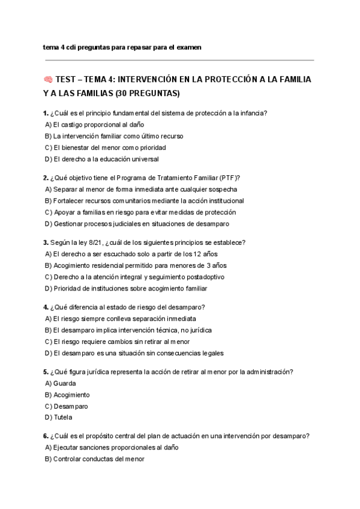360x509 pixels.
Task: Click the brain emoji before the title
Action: tap(48, 79)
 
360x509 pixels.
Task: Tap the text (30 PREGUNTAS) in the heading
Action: tap(145, 94)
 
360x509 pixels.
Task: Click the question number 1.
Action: tap(46, 113)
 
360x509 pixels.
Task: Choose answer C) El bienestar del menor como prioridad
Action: tap(105, 147)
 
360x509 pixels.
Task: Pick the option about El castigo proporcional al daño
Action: tap(95, 124)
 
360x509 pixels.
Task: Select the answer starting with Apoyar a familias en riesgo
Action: tap(140, 212)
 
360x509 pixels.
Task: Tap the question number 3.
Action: tap(46, 242)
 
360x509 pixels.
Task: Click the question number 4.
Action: tap(46, 307)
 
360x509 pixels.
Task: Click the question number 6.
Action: tap(46, 436)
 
